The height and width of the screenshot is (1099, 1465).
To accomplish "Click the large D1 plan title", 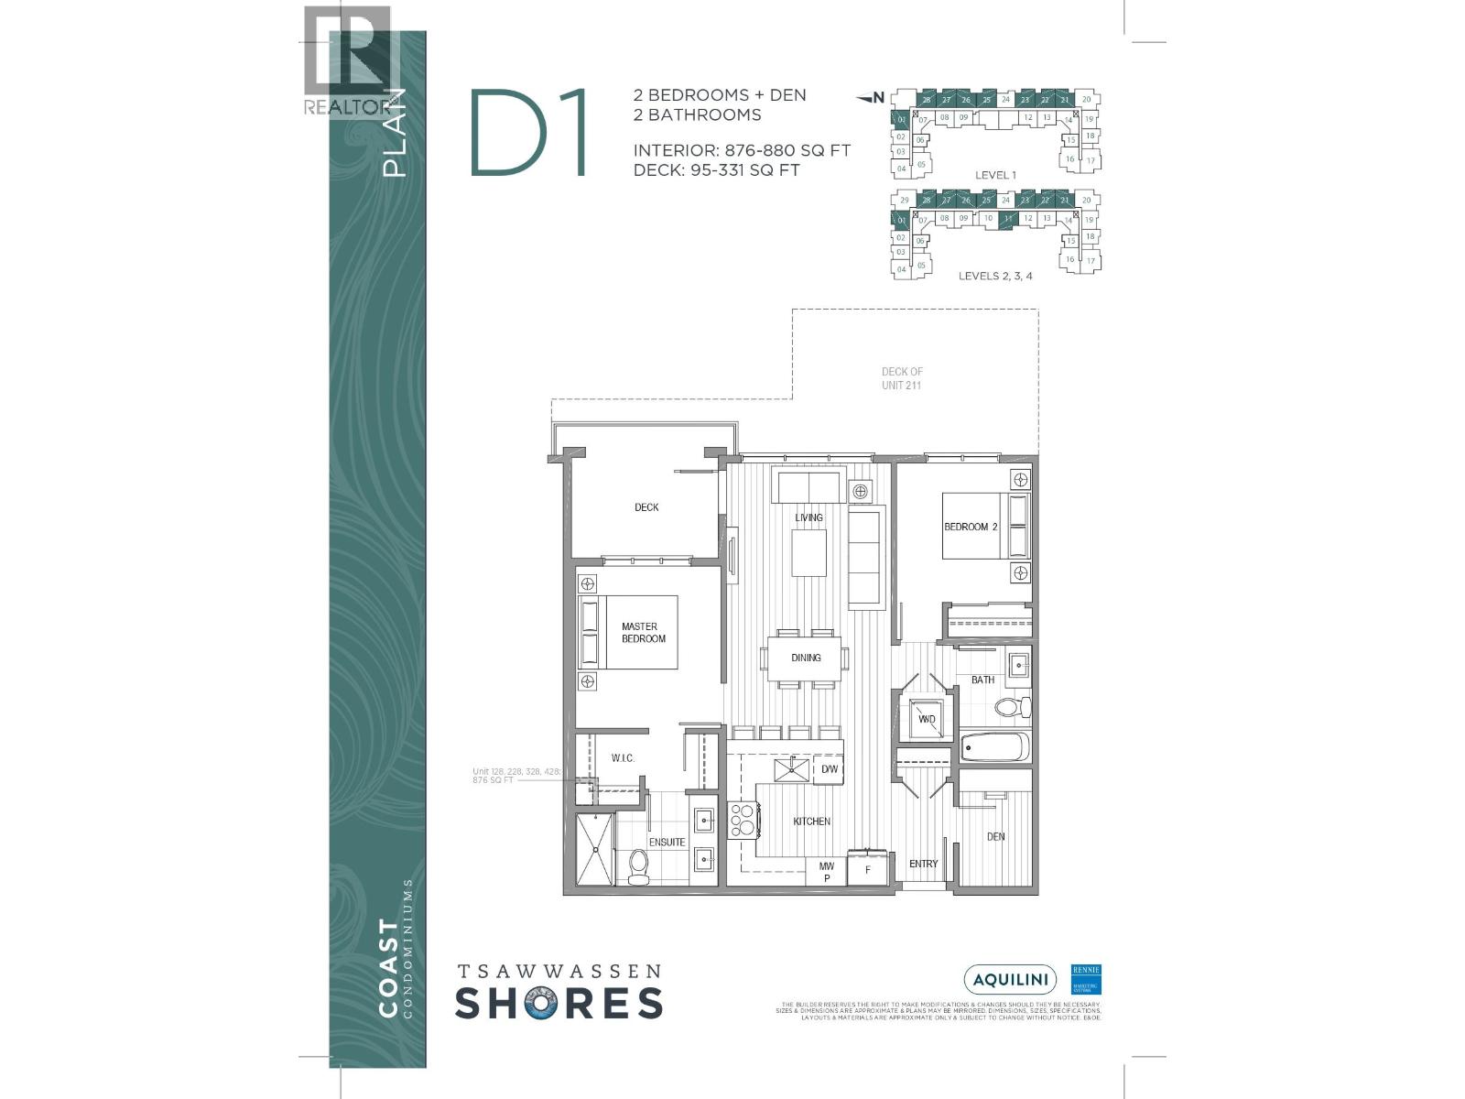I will (x=529, y=134).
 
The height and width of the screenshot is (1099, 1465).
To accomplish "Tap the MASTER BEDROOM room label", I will (x=643, y=633).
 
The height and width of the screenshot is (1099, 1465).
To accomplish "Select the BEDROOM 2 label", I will (x=971, y=527).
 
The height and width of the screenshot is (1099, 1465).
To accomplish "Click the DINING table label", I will (x=806, y=658).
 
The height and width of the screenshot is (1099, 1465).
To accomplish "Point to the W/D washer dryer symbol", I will (x=927, y=719).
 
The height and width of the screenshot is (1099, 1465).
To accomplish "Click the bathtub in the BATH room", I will (x=995, y=746).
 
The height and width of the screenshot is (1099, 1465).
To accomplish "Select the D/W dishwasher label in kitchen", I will (x=830, y=769).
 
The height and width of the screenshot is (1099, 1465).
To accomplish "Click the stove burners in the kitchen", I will (x=741, y=820).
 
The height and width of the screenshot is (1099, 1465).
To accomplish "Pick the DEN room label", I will (x=995, y=836).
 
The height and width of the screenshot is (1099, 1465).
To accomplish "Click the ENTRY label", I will (x=923, y=864).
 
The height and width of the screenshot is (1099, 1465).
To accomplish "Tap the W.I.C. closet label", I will (x=623, y=758).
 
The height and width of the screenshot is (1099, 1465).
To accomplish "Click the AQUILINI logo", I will (x=1010, y=980).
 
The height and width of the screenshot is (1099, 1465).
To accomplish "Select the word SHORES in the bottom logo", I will (x=559, y=1003).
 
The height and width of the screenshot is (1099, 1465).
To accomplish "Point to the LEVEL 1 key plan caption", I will (x=995, y=175).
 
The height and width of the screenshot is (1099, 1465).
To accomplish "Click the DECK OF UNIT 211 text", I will (x=902, y=378).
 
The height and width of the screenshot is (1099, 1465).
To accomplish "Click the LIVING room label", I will (x=808, y=517).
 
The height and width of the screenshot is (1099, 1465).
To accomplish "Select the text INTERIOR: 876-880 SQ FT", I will (x=742, y=150).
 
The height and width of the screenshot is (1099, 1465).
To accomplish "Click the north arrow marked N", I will (x=873, y=97).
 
